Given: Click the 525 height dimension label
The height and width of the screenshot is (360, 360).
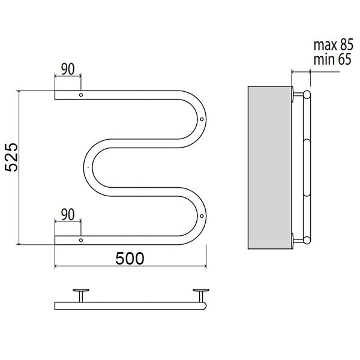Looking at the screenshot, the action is [x=11, y=157].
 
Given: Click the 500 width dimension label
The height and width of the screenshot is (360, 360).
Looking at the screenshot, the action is [x=130, y=259].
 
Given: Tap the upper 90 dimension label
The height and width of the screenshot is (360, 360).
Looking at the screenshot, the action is [x=68, y=70].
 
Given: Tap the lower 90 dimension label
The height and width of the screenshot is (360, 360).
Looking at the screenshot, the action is [x=68, y=215].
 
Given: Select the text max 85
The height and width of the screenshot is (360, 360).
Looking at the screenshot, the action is [x=333, y=45].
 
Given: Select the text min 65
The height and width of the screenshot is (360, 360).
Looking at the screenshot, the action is [x=332, y=59].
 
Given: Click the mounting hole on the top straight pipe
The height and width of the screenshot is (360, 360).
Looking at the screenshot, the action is [x=81, y=95].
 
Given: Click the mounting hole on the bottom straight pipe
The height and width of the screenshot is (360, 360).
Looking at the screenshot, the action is [x=81, y=240].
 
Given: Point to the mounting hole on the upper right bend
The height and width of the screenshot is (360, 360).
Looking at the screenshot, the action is [x=202, y=119].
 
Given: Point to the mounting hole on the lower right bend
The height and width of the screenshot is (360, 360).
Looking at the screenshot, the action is [x=202, y=216].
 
